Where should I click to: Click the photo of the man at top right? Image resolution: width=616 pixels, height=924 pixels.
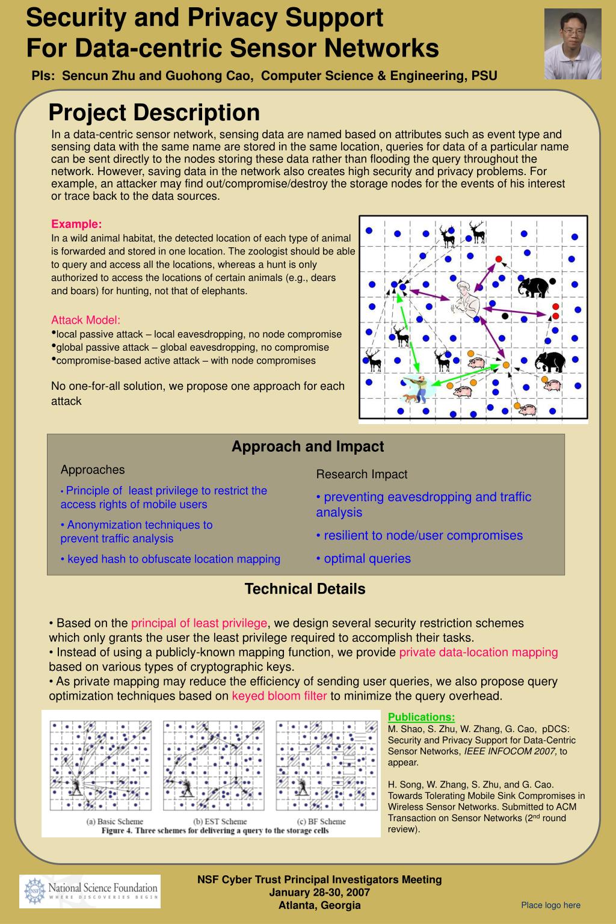pos(573,44)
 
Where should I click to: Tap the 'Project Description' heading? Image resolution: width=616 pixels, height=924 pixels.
pos(154,112)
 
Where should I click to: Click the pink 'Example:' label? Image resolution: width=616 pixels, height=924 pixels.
pos(76,224)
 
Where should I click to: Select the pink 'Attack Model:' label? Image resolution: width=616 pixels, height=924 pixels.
pos(86,320)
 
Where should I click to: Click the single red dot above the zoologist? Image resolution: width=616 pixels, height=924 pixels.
pos(498,259)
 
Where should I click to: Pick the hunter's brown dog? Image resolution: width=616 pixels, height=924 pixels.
pos(410,398)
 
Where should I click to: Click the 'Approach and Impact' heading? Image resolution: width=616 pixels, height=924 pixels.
pos(307,446)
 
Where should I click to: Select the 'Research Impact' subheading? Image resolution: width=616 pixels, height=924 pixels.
pos(362,474)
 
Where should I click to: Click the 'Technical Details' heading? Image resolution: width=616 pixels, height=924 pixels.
pos(305,589)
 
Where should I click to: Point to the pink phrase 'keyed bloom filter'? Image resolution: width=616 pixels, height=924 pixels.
pos(279,696)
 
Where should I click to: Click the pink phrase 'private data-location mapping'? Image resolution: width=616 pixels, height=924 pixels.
pos(478,652)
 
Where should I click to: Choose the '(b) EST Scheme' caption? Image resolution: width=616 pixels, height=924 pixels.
pos(220,821)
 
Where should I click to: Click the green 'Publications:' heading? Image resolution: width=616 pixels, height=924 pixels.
pos(421,717)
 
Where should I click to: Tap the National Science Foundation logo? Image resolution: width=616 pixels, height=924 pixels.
pos(90,891)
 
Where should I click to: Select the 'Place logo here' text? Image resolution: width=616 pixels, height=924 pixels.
pos(550,905)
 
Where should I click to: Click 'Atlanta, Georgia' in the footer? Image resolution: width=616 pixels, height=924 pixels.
pos(319,905)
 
